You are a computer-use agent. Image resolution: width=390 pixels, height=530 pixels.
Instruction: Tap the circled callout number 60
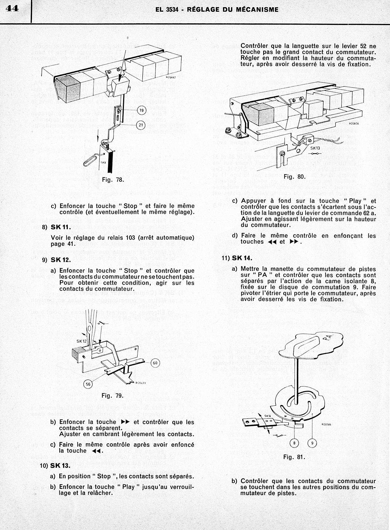click(155, 363)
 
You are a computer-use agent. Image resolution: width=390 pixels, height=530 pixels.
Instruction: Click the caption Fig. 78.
click(113, 180)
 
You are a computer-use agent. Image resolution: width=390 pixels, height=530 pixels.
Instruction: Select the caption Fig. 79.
click(113, 396)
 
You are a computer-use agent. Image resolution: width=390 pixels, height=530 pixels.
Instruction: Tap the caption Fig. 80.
click(294, 176)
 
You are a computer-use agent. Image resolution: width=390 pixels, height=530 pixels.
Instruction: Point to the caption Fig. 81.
click(294, 457)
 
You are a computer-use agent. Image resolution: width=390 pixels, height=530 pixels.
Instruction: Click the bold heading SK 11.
click(61, 227)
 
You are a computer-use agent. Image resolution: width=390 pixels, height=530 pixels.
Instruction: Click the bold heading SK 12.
click(61, 260)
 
